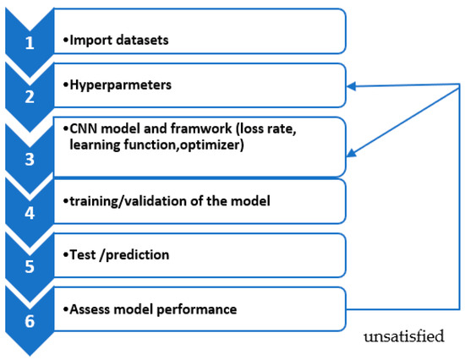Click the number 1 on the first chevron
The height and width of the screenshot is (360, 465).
pyautogui.click(x=30, y=41)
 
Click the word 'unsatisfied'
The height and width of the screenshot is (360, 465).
pyautogui.click(x=404, y=337)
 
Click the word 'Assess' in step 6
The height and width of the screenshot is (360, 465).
pyautogui.click(x=90, y=309)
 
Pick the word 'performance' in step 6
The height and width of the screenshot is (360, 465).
pyautogui.click(x=202, y=309)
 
